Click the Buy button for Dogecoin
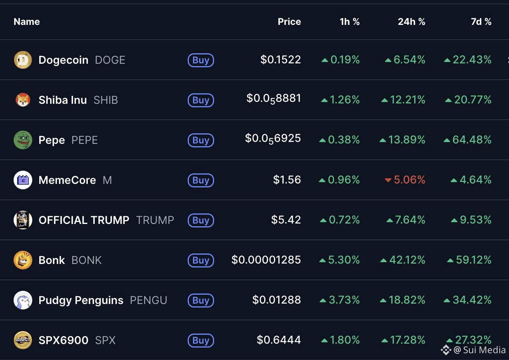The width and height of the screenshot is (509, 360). pos(200,60)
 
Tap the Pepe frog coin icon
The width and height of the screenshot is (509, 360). pos(23,140)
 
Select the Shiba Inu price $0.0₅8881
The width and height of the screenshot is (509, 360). pos(274,99)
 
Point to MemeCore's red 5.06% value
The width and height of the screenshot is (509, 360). pos(409,180)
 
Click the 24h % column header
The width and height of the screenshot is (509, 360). pos(411,22)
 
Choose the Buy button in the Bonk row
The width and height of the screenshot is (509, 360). pos(200,260)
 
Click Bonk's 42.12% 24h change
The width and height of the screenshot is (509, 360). pos(407,260)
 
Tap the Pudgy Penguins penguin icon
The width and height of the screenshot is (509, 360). pos(23,300)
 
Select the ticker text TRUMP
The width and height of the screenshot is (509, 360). pos(155,220)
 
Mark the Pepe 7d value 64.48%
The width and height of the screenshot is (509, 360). pos(472,140)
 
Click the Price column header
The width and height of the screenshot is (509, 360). pos(289,22)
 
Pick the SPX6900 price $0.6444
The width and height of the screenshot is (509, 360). pos(279,340)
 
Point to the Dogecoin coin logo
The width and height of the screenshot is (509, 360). pos(23,60)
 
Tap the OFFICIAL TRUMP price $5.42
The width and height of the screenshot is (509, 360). pos(286,220)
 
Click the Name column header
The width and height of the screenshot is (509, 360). pos(27,22)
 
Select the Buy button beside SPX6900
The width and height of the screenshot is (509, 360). pos(200,341)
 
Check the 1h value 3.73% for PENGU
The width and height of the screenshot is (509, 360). pos(344,300)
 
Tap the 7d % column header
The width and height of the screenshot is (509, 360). pos(481,22)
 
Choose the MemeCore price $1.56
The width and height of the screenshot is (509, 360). pos(287,180)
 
